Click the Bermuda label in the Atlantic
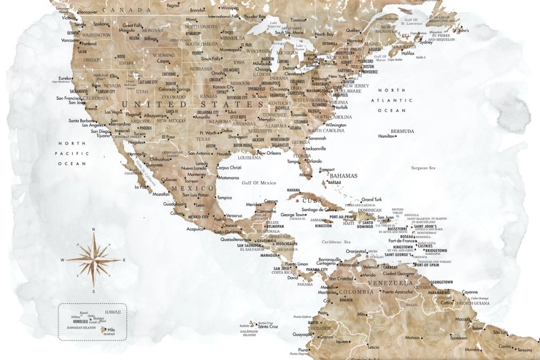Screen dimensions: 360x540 pos(402,131)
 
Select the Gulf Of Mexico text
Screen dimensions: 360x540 pos(259,183)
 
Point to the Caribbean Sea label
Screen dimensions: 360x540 pos(336,242)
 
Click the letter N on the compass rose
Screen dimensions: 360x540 pos(93,230)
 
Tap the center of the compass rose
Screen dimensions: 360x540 pos(93,260)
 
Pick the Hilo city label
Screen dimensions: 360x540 pos(111,329)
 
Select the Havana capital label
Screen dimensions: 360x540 pos(293,190)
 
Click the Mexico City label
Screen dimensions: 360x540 pos(198,216)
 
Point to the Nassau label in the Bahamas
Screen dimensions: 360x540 pos(334,182)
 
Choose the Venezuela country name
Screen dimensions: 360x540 pos(390,283)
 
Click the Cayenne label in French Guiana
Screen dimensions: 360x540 pos(470,292)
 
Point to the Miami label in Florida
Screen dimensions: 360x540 pos(305,175)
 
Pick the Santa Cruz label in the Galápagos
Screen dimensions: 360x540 pos(268,327)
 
